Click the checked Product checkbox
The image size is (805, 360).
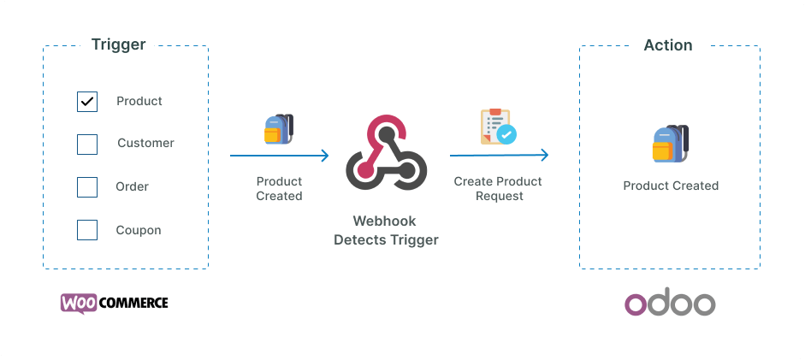(x=87, y=102)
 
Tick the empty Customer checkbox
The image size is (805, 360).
(x=87, y=144)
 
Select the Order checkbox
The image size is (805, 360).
(x=87, y=187)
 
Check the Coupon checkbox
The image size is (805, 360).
(x=87, y=230)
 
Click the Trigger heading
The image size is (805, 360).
(x=119, y=44)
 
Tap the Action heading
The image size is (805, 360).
(x=668, y=44)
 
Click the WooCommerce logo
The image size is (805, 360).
(x=115, y=303)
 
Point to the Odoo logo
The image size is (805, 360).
(x=670, y=304)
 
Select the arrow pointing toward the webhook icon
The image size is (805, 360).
(x=280, y=156)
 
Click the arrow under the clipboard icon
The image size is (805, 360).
(x=499, y=156)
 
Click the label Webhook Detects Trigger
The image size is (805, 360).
(x=386, y=231)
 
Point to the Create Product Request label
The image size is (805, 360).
(x=498, y=188)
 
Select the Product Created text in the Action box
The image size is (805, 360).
(x=671, y=186)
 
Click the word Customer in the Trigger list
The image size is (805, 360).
(x=145, y=143)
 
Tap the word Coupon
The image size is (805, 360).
(x=139, y=230)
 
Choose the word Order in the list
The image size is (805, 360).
(x=133, y=186)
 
